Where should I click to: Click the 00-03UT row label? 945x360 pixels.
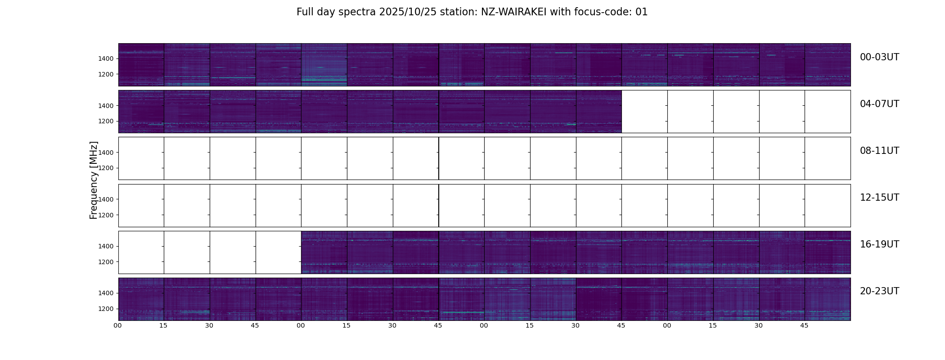pyautogui.click(x=879, y=57)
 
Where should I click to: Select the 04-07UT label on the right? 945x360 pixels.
pyautogui.click(x=879, y=104)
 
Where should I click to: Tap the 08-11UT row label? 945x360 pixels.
pyautogui.click(x=879, y=151)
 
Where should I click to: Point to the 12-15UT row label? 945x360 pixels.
pyautogui.click(x=879, y=198)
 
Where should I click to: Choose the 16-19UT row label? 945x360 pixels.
pyautogui.click(x=879, y=244)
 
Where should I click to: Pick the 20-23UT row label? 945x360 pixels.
pyautogui.click(x=879, y=291)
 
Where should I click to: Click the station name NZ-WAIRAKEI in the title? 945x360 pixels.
pyautogui.click(x=513, y=12)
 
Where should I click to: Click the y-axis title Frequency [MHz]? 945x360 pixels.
pyautogui.click(x=94, y=180)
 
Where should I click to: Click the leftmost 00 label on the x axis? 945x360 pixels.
pyautogui.click(x=118, y=325)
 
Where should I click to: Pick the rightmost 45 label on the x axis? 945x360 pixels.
pyautogui.click(x=804, y=325)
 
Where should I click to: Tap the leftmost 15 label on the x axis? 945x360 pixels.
pyautogui.click(x=163, y=325)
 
